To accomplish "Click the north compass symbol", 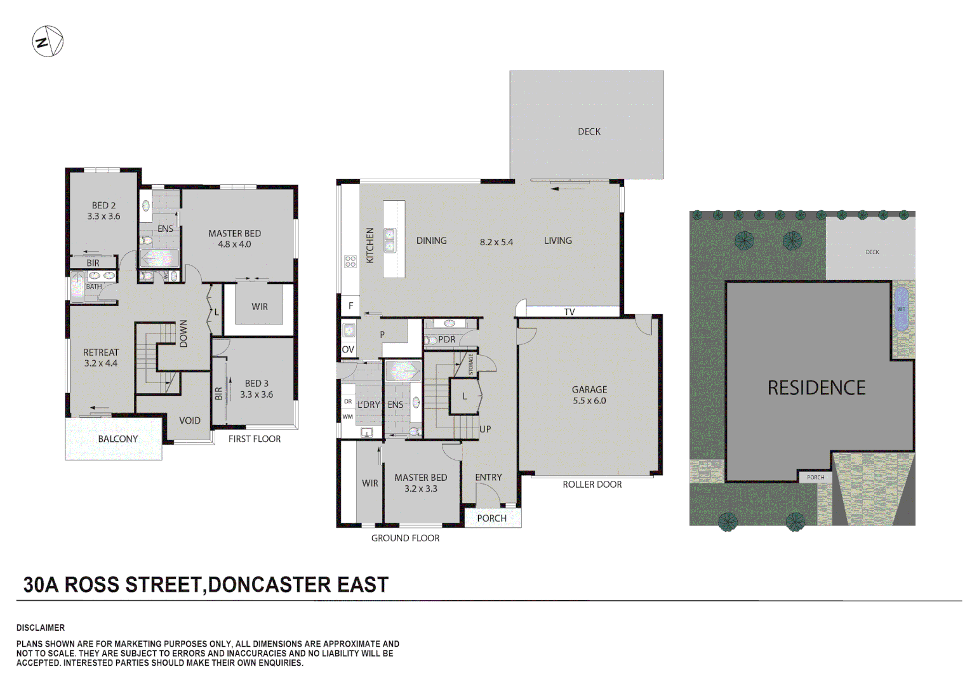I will (48, 42).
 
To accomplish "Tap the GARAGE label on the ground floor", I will (589, 389).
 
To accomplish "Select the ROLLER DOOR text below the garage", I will (592, 485).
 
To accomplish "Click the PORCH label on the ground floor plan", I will (492, 518).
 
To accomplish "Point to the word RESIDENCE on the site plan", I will (816, 388).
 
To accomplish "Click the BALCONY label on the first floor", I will (117, 439).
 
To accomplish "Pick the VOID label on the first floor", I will (189, 420).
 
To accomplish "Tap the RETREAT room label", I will (101, 353).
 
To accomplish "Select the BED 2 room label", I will (103, 206).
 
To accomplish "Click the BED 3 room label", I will (256, 384).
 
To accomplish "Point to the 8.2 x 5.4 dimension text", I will (496, 242).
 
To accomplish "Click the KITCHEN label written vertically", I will (370, 245).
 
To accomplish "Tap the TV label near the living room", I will (569, 312).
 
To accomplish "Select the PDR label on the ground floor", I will (447, 340).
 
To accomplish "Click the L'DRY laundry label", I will (368, 405).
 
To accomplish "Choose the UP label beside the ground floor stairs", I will (485, 429).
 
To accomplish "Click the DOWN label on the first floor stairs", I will (183, 333).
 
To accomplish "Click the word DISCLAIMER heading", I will (41, 628).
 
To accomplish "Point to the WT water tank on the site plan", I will (901, 309).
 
